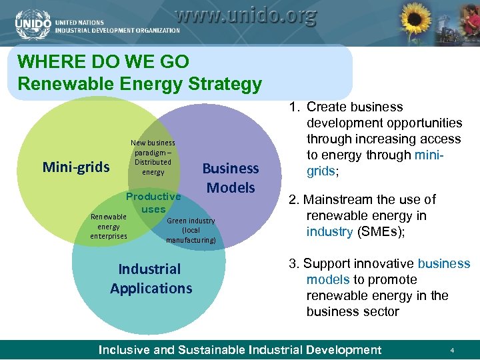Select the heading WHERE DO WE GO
(103, 62)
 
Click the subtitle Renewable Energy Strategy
(140, 85)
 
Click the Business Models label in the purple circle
(230, 178)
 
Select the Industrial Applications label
(151, 279)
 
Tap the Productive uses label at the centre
(153, 203)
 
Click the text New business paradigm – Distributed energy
(153, 157)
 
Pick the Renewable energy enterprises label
(109, 226)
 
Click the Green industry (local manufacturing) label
(191, 230)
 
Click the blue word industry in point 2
(329, 232)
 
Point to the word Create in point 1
(325, 107)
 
